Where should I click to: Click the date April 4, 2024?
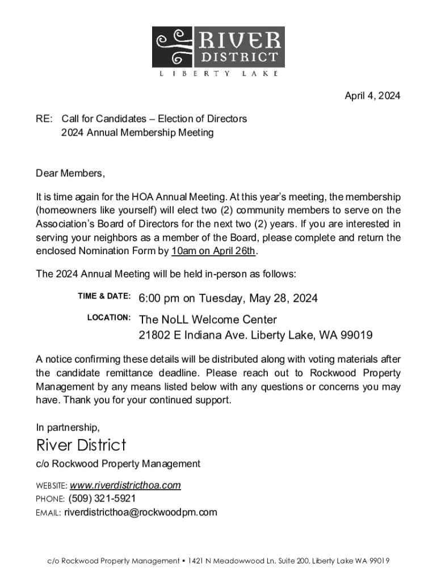pyautogui.click(x=372, y=96)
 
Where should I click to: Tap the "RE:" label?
pyautogui.click(x=44, y=119)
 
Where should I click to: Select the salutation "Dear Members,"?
pyautogui.click(x=71, y=173)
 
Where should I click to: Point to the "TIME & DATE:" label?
pyautogui.click(x=104, y=296)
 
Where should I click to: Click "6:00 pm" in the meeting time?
pyautogui.click(x=159, y=298)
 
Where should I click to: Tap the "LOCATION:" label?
pyautogui.click(x=109, y=317)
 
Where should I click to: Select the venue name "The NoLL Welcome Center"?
pyautogui.click(x=208, y=319)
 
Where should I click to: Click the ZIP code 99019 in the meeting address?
pyautogui.click(x=356, y=335)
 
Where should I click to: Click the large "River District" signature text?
pyautogui.click(x=81, y=445)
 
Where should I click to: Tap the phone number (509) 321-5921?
pyautogui.click(x=102, y=499)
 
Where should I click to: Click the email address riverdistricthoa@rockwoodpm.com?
pyautogui.click(x=140, y=512)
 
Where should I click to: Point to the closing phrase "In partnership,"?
pyautogui.click(x=68, y=427)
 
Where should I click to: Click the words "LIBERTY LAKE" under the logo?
pyautogui.click(x=218, y=73)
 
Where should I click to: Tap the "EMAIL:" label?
pyautogui.click(x=48, y=513)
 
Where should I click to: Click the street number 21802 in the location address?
pyautogui.click(x=154, y=335)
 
